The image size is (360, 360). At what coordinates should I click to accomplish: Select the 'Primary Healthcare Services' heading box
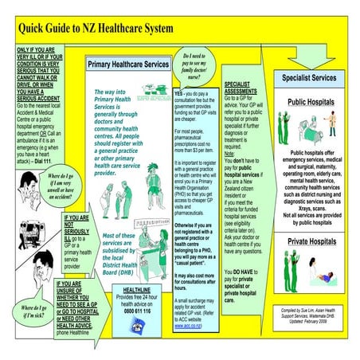tap(127, 64)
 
